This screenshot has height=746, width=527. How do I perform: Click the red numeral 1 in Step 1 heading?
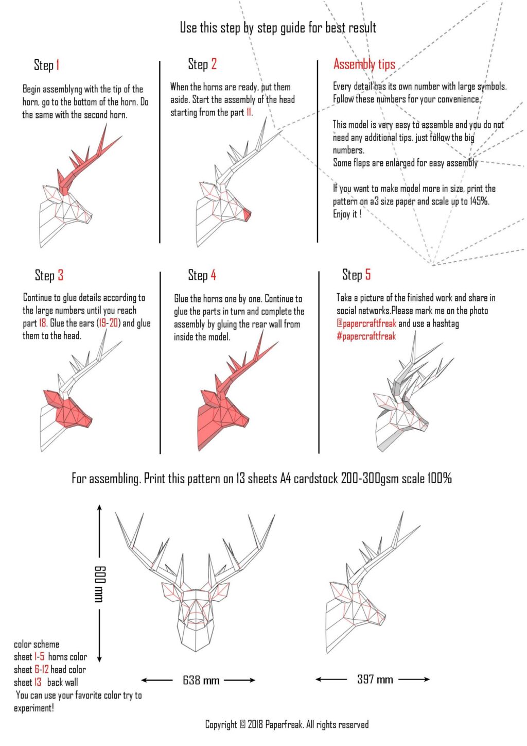58,65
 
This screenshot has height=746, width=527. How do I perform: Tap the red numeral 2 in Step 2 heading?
214,64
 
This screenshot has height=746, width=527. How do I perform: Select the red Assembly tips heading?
364,64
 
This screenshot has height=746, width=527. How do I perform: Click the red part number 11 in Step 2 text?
249,113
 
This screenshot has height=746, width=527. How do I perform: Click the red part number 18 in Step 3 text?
43,324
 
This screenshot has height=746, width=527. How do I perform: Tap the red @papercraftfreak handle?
366,324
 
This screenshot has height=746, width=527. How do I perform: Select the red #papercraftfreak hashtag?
366,336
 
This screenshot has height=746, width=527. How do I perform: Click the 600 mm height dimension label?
100,583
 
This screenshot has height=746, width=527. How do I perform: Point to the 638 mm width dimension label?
201,681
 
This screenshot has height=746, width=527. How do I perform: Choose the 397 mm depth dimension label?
375,680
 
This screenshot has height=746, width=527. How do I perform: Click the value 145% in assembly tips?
479,201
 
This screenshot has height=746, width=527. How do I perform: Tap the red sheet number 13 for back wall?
38,683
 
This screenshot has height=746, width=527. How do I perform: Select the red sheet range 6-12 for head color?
42,670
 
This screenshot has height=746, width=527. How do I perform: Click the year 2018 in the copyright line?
255,725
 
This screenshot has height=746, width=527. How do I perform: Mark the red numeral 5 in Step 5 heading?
367,275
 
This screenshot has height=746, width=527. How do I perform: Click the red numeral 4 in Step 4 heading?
213,275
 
